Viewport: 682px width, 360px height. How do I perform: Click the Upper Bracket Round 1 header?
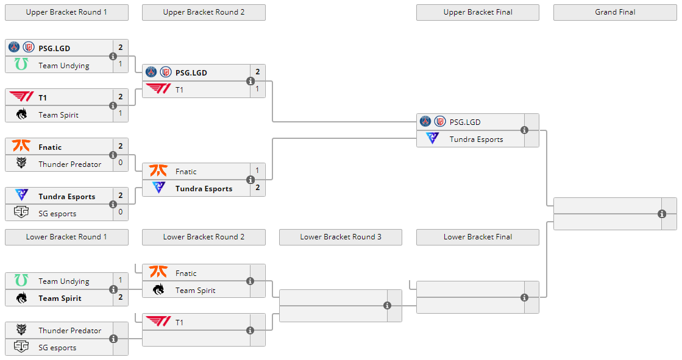point(66,12)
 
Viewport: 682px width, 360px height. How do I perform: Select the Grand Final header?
point(615,12)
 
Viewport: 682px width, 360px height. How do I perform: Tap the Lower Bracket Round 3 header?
point(341,237)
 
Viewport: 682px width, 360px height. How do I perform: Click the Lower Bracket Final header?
point(478,237)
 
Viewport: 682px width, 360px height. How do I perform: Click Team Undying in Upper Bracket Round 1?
point(63,66)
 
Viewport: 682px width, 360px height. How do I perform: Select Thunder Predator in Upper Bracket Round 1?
point(69,164)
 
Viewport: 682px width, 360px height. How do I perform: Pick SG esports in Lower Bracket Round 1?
point(57,348)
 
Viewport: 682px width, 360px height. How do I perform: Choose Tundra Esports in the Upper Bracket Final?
point(476,139)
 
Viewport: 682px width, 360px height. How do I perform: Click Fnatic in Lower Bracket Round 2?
point(186,274)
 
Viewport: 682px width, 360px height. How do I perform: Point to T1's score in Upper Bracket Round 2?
point(257,90)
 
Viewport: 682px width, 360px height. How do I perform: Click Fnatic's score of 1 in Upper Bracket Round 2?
point(257,171)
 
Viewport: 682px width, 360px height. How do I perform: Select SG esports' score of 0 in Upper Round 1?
point(121,213)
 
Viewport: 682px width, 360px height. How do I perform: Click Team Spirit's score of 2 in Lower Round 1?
point(121,298)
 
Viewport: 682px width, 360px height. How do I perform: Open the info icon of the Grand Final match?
point(662,214)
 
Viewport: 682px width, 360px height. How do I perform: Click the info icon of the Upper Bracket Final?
point(524,130)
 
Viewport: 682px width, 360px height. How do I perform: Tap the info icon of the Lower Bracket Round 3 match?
point(387,306)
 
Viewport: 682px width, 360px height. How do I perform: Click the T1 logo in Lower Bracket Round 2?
point(158,322)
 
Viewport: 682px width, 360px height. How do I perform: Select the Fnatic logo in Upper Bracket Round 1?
point(21,147)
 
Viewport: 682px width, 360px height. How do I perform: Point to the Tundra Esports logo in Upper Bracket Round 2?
point(158,188)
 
